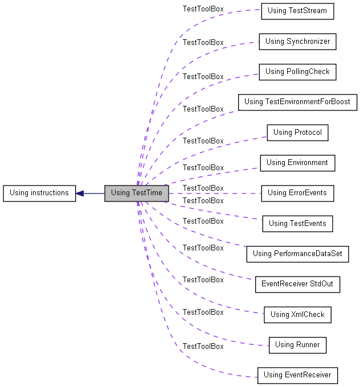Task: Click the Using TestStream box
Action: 297,11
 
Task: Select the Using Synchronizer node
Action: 297,42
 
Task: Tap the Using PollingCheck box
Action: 297,72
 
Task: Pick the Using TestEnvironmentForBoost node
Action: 297,102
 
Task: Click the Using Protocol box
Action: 297,133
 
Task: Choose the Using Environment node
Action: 297,163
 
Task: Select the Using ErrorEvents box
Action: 297,193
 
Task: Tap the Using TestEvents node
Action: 297,224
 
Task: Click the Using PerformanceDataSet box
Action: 297,254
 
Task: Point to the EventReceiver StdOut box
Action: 297,285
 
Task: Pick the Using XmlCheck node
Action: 297,315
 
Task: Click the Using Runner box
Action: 297,345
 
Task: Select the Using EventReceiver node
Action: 297,376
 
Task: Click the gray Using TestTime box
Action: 137,193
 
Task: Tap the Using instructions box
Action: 39,193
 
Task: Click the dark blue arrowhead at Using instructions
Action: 80,193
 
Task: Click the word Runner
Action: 308,344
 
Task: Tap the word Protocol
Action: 308,132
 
